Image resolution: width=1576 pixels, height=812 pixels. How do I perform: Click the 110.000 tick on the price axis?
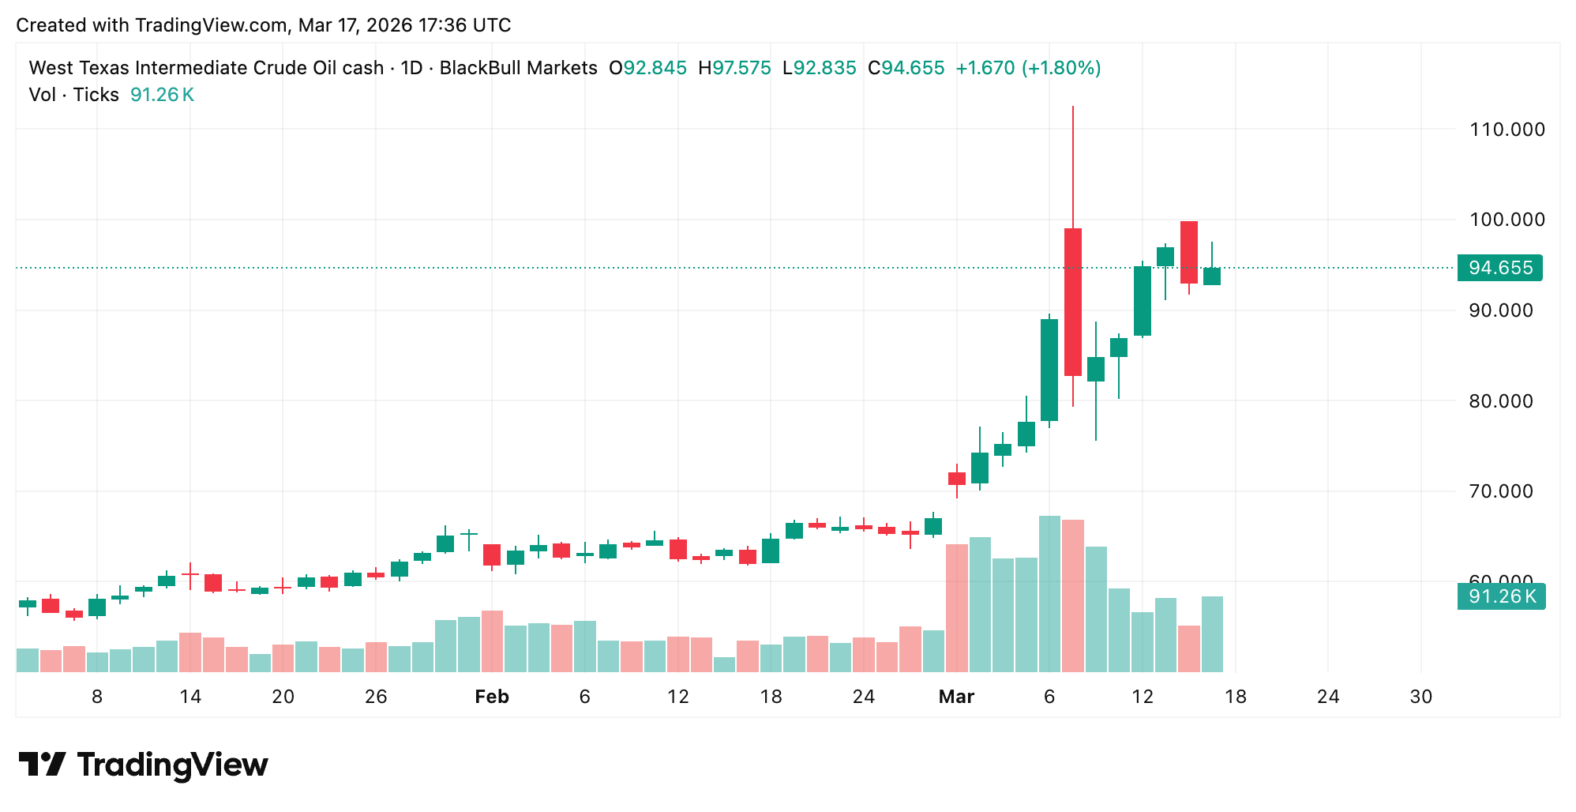(1506, 130)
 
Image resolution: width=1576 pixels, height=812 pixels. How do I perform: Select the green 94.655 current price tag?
(1499, 268)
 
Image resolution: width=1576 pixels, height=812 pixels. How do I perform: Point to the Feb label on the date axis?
(491, 697)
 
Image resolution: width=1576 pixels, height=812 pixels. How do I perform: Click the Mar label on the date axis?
(955, 697)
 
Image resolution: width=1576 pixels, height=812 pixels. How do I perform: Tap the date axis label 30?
(1420, 697)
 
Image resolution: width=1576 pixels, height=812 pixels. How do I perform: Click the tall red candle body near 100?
(1072, 302)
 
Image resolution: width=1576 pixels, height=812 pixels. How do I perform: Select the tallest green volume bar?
(1049, 594)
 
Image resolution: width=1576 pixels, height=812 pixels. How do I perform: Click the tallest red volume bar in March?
(1072, 596)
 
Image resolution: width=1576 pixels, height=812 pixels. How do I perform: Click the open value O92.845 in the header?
(647, 68)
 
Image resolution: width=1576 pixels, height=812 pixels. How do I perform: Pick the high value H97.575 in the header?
(734, 68)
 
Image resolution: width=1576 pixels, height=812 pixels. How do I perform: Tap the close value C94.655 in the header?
(906, 68)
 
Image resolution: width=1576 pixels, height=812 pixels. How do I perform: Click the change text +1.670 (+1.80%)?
(1028, 68)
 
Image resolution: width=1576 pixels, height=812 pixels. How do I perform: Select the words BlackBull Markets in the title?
(518, 68)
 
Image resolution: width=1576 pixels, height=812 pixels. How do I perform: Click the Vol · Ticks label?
(73, 95)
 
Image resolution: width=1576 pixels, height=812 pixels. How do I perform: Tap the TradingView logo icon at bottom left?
(43, 764)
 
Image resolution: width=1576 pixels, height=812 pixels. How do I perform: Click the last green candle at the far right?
(1211, 276)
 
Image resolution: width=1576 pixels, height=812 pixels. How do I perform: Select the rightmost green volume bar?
(1212, 634)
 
